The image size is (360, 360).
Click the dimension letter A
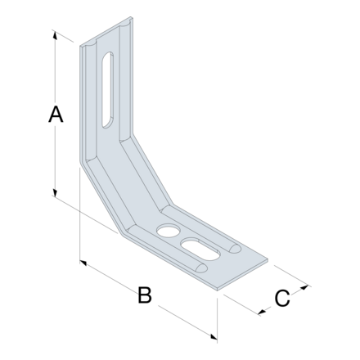tap(54, 115)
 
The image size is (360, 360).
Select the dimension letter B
tap(144, 295)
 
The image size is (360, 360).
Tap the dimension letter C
tap(281, 299)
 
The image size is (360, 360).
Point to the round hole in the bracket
tap(168, 230)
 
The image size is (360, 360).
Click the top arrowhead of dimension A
tap(56, 34)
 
